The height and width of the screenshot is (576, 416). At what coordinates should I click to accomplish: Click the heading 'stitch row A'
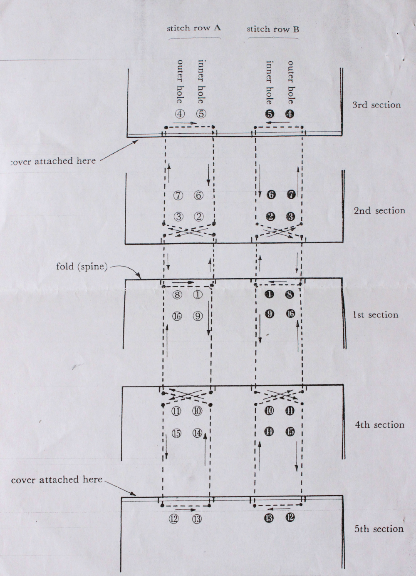point(193,28)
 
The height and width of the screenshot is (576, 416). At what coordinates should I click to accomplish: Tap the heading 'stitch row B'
point(273,29)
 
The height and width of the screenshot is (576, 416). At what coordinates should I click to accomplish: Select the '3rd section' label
point(376,105)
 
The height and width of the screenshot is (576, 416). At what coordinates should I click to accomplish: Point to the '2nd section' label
point(379,211)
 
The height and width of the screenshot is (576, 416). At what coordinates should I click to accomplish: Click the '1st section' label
point(375,315)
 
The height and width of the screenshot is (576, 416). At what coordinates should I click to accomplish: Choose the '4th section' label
point(379,425)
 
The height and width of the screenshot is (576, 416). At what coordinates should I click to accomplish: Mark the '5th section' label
point(379,529)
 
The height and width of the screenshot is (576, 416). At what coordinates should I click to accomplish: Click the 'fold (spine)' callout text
point(82,267)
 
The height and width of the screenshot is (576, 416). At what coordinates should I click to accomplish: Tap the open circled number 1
point(198,295)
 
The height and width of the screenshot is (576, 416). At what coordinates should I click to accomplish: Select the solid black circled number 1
point(269,295)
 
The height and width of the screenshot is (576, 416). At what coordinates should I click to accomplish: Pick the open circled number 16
point(177,317)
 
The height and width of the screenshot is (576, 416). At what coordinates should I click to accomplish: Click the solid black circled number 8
point(290,295)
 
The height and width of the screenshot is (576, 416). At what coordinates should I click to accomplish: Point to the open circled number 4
point(180,114)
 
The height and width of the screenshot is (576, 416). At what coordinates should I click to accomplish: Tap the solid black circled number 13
point(269,518)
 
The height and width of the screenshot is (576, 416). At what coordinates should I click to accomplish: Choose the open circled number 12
point(173,519)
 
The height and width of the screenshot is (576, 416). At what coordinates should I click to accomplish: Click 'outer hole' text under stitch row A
point(180,82)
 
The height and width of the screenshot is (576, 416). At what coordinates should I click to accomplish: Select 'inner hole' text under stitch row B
point(269,82)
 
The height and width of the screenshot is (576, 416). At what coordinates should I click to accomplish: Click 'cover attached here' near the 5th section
point(57,480)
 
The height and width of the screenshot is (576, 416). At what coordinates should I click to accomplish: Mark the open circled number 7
point(178,195)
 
